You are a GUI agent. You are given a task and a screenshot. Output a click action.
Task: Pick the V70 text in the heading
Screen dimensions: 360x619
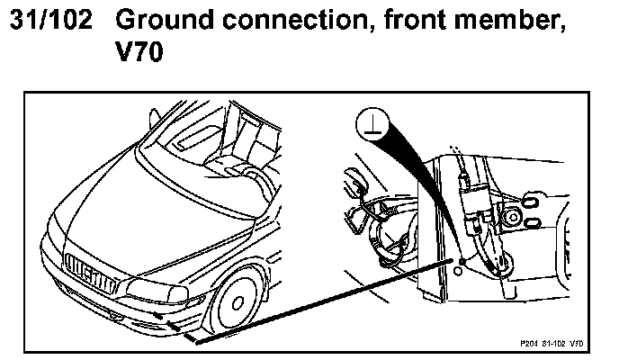point(139,55)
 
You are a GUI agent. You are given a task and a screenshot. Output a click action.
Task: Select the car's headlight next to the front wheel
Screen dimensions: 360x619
point(157,288)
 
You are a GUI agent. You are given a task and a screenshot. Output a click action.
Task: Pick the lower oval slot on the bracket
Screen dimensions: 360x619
point(531,220)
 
